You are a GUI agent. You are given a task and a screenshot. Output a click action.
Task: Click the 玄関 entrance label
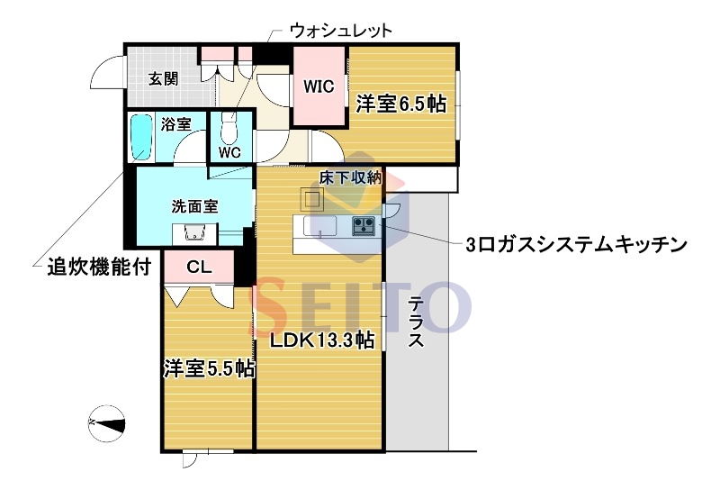tap(163, 78)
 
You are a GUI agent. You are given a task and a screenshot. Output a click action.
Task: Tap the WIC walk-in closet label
tap(319, 87)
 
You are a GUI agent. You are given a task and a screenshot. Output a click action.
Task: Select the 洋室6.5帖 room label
tap(400, 104)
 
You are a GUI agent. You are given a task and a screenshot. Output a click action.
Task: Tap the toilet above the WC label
tap(229, 132)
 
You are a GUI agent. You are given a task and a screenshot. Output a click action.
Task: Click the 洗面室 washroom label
tap(194, 205)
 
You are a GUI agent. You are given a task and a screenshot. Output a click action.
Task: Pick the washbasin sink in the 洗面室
tap(194, 233)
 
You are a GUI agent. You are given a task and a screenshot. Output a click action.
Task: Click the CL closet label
tap(200, 267)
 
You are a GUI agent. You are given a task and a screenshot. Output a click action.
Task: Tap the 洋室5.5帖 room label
tap(208, 368)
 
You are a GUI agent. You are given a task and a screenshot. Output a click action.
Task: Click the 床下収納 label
tap(351, 177)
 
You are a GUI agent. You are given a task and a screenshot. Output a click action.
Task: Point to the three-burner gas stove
tap(364, 225)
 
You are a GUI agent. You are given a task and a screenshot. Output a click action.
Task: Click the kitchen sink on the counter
tap(319, 224)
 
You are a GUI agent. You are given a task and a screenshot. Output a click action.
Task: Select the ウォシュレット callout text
tap(340, 30)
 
